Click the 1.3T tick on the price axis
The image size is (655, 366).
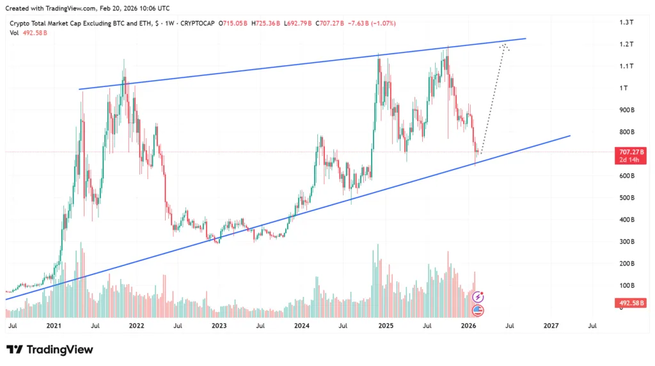point(626,22)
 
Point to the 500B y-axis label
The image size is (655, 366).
point(626,198)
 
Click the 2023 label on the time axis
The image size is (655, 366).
point(219,326)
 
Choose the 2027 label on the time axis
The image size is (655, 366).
point(551,326)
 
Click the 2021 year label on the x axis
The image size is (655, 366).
point(54,326)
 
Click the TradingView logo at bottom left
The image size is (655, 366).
point(50,349)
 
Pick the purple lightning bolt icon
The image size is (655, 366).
point(478,297)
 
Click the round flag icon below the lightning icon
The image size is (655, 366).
point(478,310)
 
